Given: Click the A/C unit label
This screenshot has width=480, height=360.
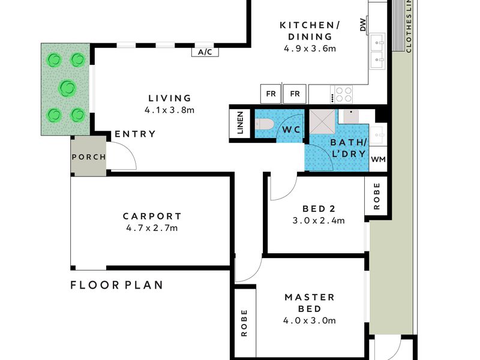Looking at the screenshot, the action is [x=205, y=52].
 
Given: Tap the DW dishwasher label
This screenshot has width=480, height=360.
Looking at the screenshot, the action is [x=363, y=25].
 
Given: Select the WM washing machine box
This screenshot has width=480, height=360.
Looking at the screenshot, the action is [x=379, y=159].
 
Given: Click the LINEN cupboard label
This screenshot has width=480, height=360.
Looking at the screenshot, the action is [x=241, y=123].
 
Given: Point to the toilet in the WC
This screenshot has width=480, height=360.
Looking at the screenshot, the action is [x=264, y=124].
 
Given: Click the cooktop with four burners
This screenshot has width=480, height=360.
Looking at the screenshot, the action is [x=344, y=94].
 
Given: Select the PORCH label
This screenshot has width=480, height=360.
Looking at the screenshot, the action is [x=89, y=157].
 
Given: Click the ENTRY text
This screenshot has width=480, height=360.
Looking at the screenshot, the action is [x=135, y=134].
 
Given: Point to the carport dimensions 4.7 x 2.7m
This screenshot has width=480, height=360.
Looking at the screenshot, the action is [x=152, y=228].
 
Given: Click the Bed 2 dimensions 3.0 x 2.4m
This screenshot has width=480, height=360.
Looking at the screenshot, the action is [x=319, y=220].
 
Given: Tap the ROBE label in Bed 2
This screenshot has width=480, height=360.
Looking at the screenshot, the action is [x=377, y=196].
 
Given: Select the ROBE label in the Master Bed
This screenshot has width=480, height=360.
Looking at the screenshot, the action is [x=244, y=323].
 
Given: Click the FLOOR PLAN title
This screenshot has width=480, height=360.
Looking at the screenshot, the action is [x=116, y=286].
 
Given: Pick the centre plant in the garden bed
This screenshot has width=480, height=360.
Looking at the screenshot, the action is [x=67, y=88].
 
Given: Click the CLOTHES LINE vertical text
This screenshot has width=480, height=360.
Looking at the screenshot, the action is [x=409, y=26].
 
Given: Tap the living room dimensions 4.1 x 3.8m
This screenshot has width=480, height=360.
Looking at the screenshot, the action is [x=169, y=110].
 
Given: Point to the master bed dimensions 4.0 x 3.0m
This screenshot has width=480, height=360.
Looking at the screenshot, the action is [x=309, y=320].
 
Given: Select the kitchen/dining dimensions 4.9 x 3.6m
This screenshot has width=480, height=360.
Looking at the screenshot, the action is [x=310, y=49].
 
